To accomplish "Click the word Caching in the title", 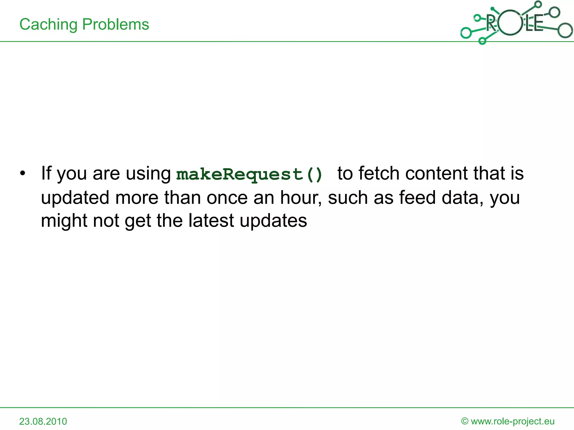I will click(x=48, y=24).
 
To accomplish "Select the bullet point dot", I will click(x=22, y=173).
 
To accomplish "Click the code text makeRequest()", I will click(x=249, y=174).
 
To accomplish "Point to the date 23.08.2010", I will click(x=43, y=421).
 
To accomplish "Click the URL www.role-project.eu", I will click(x=513, y=421).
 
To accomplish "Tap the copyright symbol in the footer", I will click(x=465, y=421).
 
